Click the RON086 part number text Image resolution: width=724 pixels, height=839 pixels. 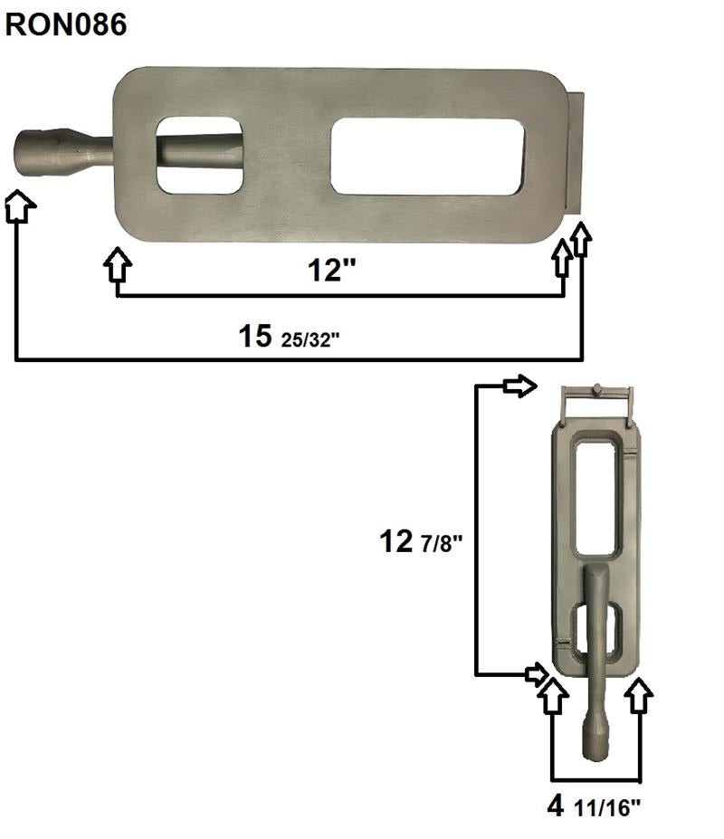coord(65,24)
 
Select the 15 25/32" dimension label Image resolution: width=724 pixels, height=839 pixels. coord(289,338)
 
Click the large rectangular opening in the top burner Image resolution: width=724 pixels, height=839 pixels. coord(427,157)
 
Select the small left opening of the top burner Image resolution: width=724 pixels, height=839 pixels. coord(199,155)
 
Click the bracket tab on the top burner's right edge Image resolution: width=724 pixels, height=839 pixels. coord(576,154)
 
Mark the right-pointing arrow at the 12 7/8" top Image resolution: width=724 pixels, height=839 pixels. coord(519,386)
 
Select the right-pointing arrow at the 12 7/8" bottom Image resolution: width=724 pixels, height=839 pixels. coord(535,673)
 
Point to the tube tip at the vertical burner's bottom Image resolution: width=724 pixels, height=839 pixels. coord(595,742)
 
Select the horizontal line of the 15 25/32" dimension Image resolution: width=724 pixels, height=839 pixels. coord(299,360)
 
